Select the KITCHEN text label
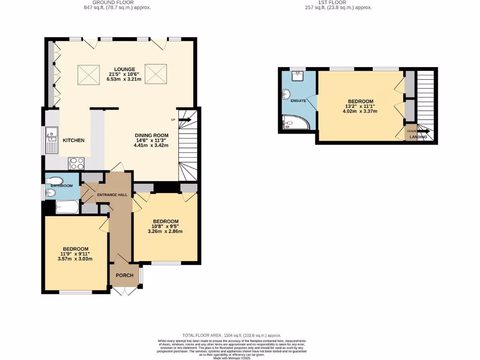click(x=74, y=140)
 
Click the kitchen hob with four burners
click(x=77, y=163)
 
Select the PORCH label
click(x=125, y=275)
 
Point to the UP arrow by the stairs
click(x=183, y=120)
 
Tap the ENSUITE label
click(x=298, y=101)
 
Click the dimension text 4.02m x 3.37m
click(x=360, y=112)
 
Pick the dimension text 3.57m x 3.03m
click(x=75, y=259)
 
